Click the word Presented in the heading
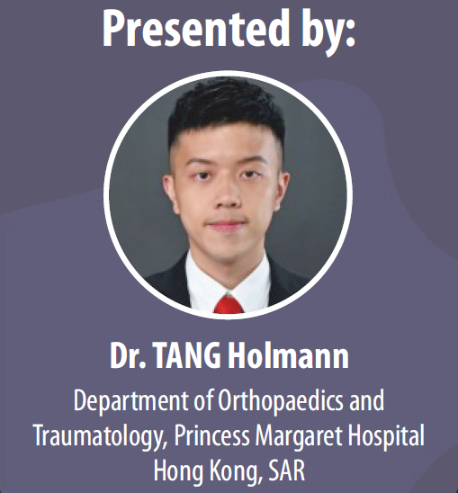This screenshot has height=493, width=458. (x=196, y=28)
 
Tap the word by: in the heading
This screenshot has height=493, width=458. (x=328, y=32)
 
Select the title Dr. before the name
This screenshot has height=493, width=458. (x=128, y=355)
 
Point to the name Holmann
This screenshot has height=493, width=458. (x=288, y=355)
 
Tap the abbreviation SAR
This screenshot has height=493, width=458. (x=286, y=471)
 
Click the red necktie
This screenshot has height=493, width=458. (x=229, y=305)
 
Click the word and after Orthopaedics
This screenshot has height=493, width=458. (x=366, y=400)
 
